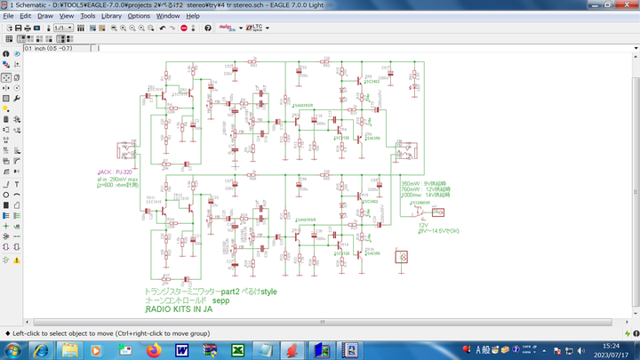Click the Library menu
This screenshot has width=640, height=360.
(112, 16)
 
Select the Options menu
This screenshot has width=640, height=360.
(139, 16)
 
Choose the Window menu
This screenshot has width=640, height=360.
(167, 16)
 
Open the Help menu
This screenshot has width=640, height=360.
(193, 16)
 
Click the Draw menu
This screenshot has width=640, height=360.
(45, 16)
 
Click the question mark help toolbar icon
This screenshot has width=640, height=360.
(208, 28)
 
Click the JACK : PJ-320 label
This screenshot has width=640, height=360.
(116, 172)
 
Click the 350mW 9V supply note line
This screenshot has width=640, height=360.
(426, 183)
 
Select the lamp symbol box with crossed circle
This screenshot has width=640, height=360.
(401, 258)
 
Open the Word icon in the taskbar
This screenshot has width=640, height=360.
(183, 350)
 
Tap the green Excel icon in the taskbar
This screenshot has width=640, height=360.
(238, 350)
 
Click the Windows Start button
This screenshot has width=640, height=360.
(8, 350)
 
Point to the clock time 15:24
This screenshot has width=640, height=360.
(611, 346)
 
